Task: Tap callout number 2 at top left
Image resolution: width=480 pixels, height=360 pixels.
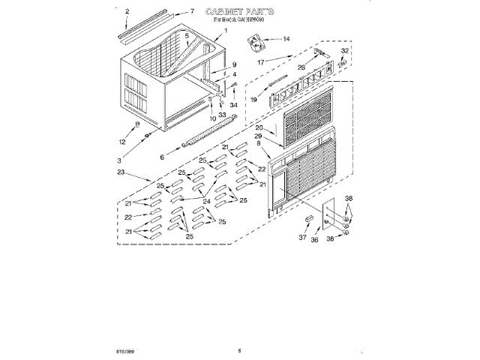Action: pyautogui.click(x=127, y=11)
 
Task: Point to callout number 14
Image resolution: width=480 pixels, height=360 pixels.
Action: pyautogui.click(x=286, y=38)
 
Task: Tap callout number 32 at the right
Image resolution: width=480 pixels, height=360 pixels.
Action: pyautogui.click(x=345, y=51)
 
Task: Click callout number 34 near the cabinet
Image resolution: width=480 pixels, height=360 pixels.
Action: pyautogui.click(x=233, y=105)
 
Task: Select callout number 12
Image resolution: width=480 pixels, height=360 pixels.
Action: pyautogui.click(x=123, y=142)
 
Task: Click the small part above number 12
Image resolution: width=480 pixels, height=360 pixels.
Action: pyautogui.click(x=137, y=124)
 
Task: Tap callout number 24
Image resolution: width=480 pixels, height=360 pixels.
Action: pyautogui.click(x=205, y=200)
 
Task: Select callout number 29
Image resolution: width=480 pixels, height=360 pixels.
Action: pyautogui.click(x=257, y=136)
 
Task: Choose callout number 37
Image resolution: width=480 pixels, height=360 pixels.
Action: pyautogui.click(x=302, y=238)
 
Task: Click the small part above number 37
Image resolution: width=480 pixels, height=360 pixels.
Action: pyautogui.click(x=307, y=219)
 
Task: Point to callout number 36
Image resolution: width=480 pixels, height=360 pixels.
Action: pyautogui.click(x=315, y=240)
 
